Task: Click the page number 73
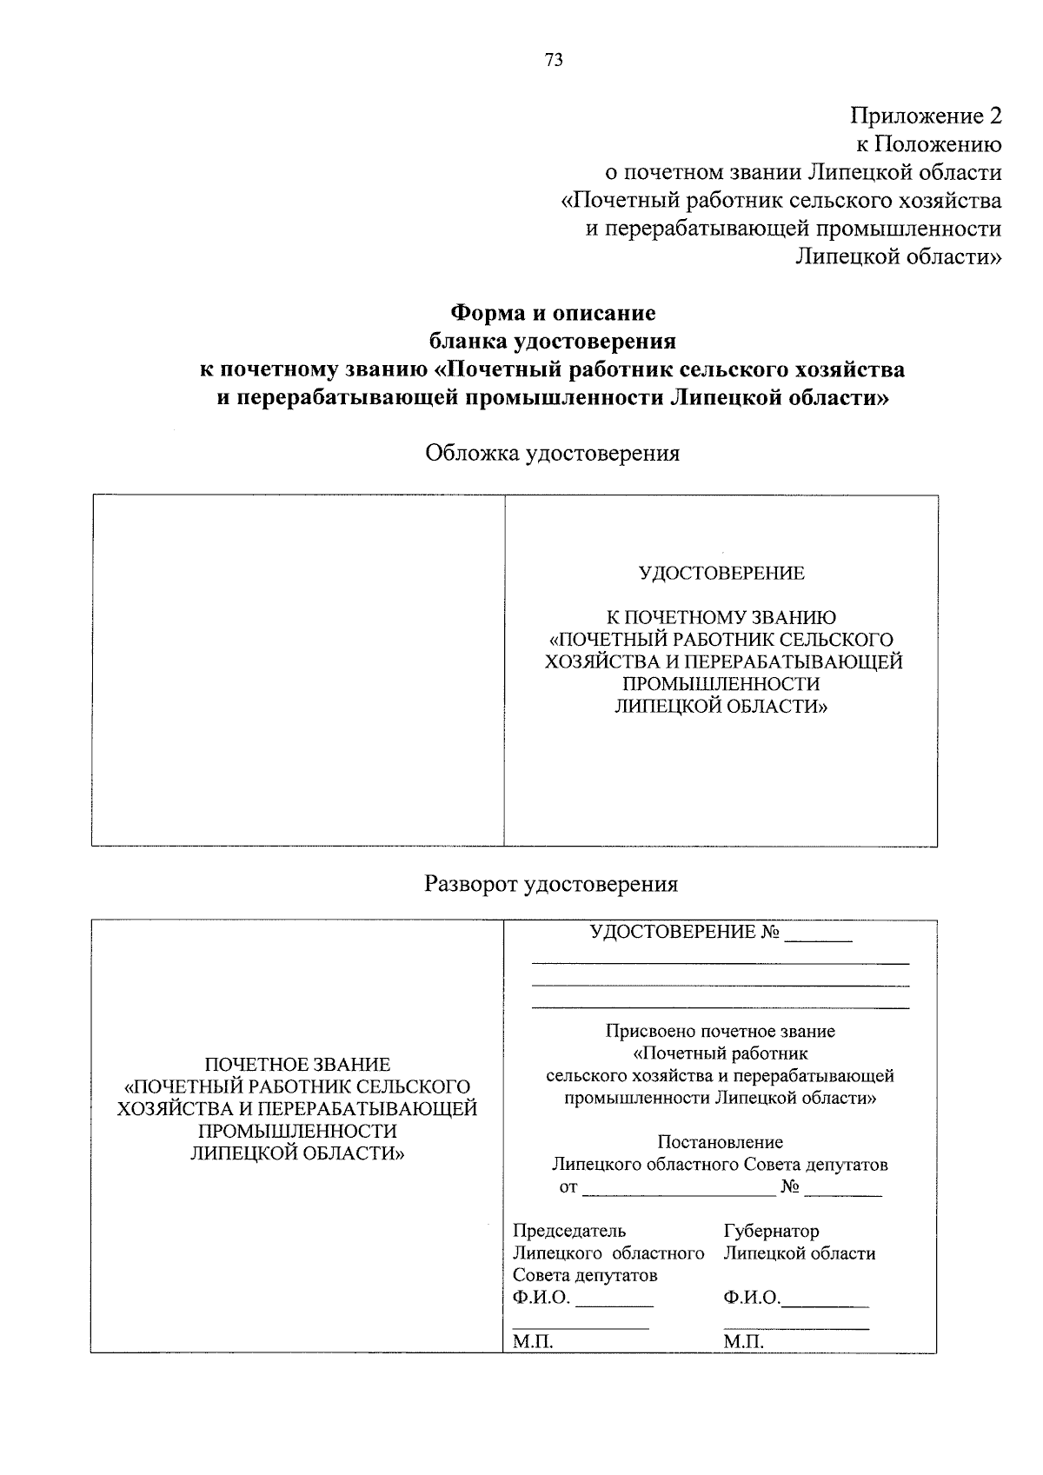pyautogui.click(x=554, y=60)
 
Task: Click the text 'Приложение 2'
pyautogui.click(x=926, y=116)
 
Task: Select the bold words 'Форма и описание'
pyautogui.click(x=552, y=312)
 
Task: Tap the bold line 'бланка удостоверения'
pyautogui.click(x=552, y=341)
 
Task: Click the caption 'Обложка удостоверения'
pyautogui.click(x=552, y=453)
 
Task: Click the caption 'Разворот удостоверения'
pyautogui.click(x=551, y=884)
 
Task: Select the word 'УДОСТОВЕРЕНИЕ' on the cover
pyautogui.click(x=721, y=574)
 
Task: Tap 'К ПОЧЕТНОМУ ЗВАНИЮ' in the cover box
pyautogui.click(x=721, y=618)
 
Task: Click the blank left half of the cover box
pyautogui.click(x=298, y=670)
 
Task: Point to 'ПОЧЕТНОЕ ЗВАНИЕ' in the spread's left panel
pyautogui.click(x=297, y=1065)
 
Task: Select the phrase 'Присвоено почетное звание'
pyautogui.click(x=720, y=1032)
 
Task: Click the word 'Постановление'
pyautogui.click(x=720, y=1142)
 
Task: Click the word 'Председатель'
pyautogui.click(x=568, y=1231)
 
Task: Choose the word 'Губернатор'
pyautogui.click(x=771, y=1231)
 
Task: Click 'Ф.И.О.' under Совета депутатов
pyautogui.click(x=541, y=1299)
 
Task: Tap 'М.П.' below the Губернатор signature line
pyautogui.click(x=743, y=1343)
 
